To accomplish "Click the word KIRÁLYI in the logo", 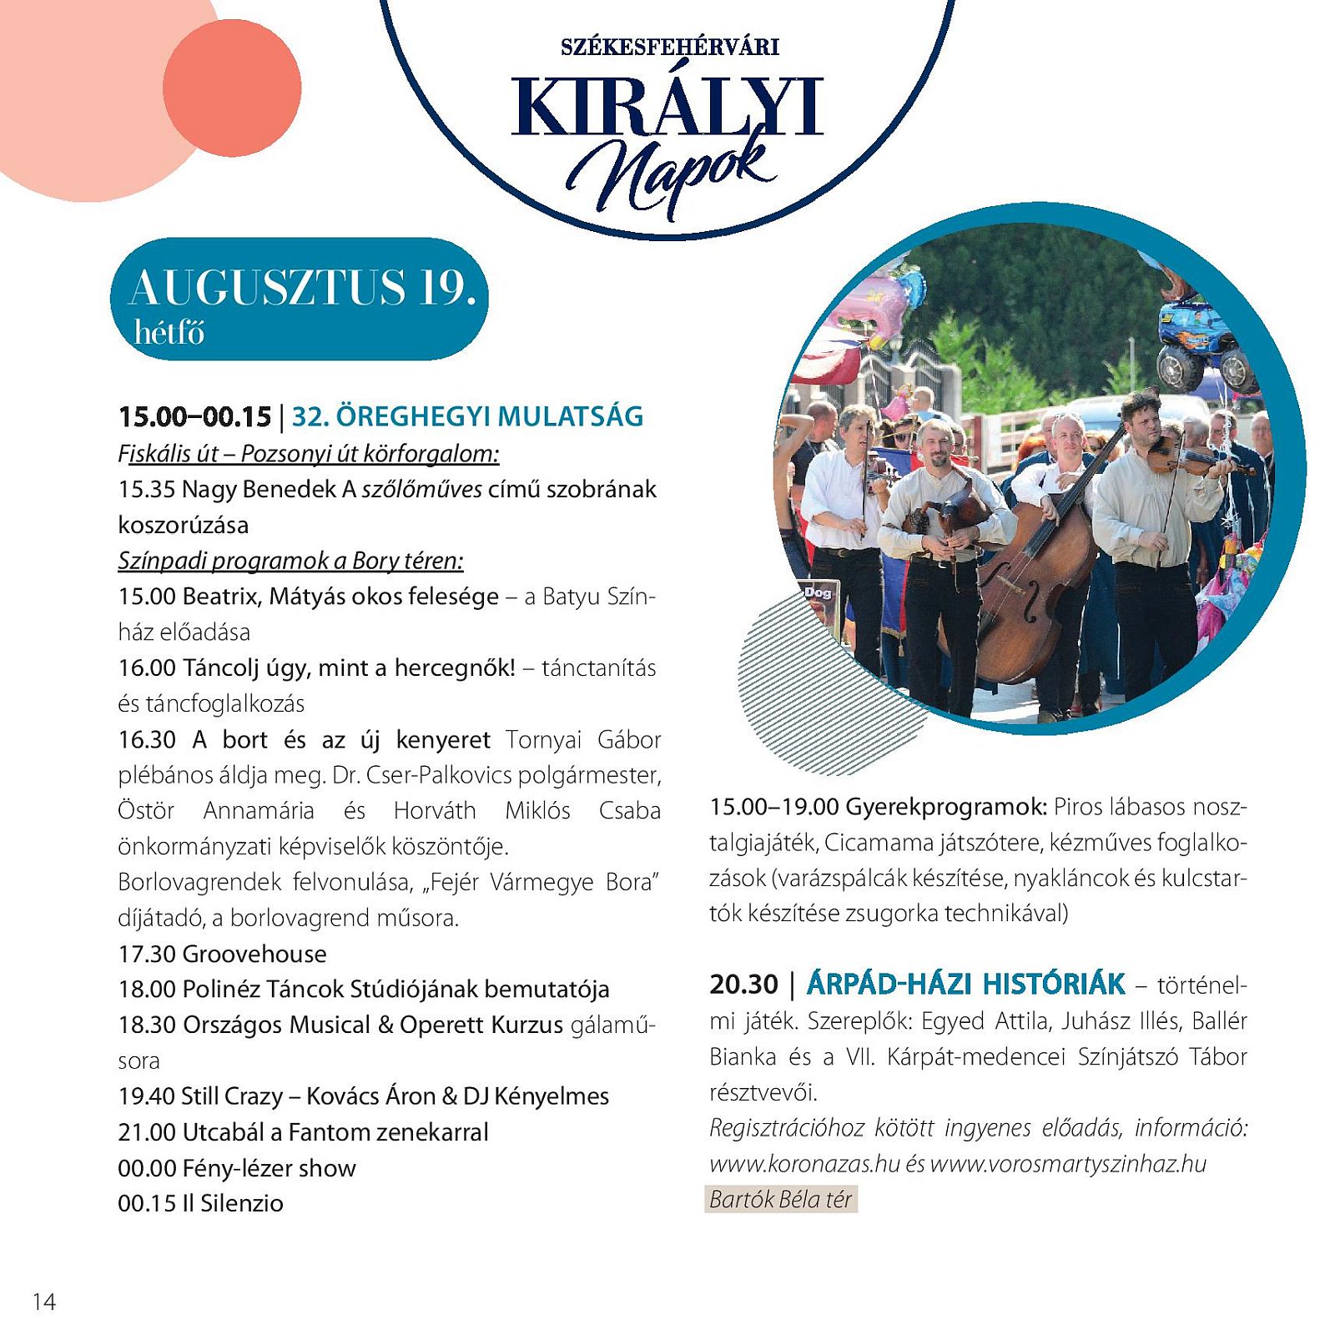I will (x=667, y=107).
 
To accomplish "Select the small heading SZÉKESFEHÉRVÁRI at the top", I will (x=670, y=47).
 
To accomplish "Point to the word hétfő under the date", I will (x=169, y=333).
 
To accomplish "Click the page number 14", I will (x=44, y=1301).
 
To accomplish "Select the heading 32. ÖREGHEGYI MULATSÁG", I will (x=467, y=416).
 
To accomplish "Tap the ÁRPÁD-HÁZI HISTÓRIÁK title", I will (x=965, y=984).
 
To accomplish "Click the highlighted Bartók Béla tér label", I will (x=780, y=1199).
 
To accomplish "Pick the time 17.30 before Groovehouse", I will (x=147, y=954).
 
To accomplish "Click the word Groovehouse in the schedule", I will (x=254, y=954).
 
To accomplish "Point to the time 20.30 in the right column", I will (x=743, y=985).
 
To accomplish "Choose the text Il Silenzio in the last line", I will (x=233, y=1203).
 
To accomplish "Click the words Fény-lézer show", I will (x=270, y=1168).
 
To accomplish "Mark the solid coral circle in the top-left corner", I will (x=232, y=88).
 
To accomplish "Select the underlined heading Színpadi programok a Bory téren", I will (x=290, y=560).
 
